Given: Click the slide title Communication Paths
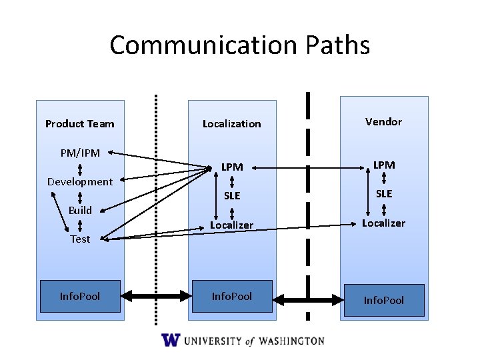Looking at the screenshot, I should click(239, 45).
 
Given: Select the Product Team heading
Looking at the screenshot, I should click(79, 123).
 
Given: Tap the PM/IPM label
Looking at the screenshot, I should click(80, 153).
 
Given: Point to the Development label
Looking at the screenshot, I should click(80, 181).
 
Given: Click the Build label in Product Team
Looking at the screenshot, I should click(80, 210).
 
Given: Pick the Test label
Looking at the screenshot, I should click(80, 239).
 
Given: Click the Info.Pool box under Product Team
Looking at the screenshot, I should click(80, 296).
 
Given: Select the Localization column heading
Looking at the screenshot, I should click(231, 123).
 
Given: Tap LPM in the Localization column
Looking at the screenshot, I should click(232, 167).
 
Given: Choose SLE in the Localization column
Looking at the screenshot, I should click(232, 195).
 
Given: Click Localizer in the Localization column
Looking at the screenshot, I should click(231, 225).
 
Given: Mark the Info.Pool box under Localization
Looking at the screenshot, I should click(231, 296).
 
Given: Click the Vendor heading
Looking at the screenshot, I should click(383, 121).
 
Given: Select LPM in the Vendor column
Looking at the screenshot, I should click(384, 165).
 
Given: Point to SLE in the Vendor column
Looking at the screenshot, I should click(384, 193).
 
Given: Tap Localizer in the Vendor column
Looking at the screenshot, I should click(383, 223).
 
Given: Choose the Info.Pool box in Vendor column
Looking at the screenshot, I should click(383, 299).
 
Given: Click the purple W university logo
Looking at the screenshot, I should click(171, 340).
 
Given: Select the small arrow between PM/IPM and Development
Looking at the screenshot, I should click(80, 167).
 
